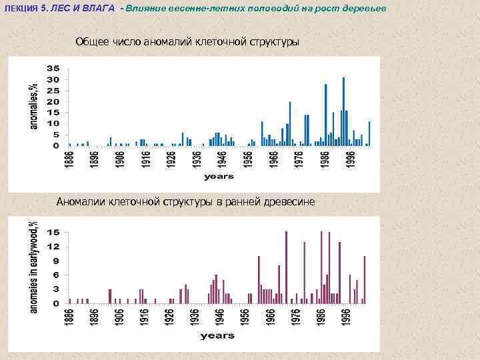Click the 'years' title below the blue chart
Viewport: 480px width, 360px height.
pyautogui.click(x=219, y=177)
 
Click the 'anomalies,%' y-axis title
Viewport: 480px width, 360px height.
pyautogui.click(x=33, y=107)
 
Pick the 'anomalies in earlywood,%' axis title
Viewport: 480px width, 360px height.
pyautogui.click(x=34, y=266)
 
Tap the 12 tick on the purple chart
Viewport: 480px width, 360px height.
pyautogui.click(x=54, y=246)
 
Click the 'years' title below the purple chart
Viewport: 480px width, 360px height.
pyautogui.click(x=217, y=336)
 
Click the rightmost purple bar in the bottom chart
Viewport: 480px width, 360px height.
pyautogui.click(x=365, y=279)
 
